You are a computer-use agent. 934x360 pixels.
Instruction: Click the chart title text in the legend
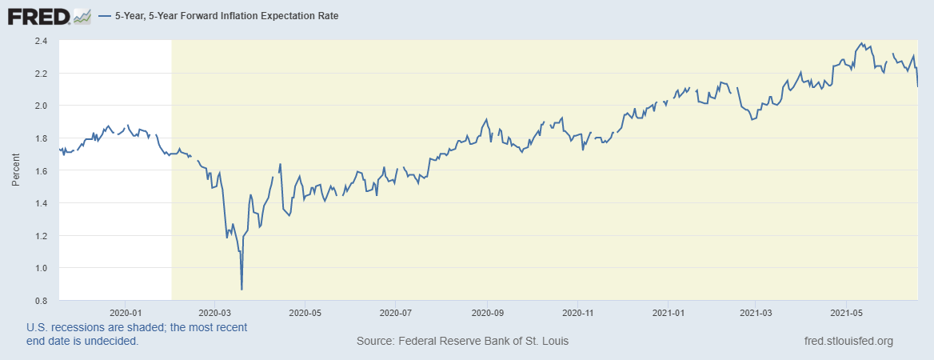pos(227,16)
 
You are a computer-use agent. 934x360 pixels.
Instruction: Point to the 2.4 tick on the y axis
pos(41,41)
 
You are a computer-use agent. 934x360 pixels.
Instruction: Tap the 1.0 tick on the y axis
pos(41,268)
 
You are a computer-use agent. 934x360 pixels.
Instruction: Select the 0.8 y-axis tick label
pos(41,301)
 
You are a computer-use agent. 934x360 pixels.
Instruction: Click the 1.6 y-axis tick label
pos(41,170)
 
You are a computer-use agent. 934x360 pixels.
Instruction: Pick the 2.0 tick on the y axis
pos(41,106)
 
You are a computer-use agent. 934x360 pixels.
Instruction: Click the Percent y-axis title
pos(16,170)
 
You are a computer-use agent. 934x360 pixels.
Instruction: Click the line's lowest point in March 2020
pos(241,289)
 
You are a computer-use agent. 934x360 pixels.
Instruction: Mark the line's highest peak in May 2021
pos(861,43)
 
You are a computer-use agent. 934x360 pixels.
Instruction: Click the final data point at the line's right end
pos(917,86)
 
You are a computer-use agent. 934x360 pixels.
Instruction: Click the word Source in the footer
pos(376,342)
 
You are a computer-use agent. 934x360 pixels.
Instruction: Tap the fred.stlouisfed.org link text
pos(848,342)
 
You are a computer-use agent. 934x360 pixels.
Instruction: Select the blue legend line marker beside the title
pos(105,16)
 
